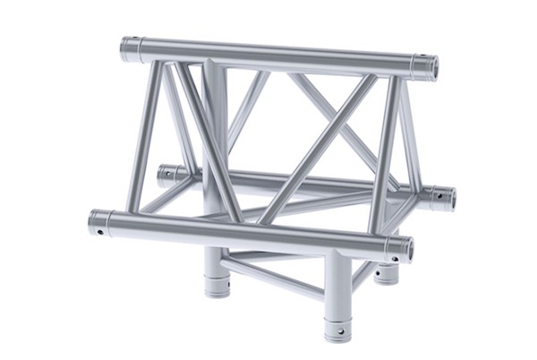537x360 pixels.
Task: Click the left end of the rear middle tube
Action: click(165, 173)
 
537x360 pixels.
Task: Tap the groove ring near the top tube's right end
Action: click(413, 64)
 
